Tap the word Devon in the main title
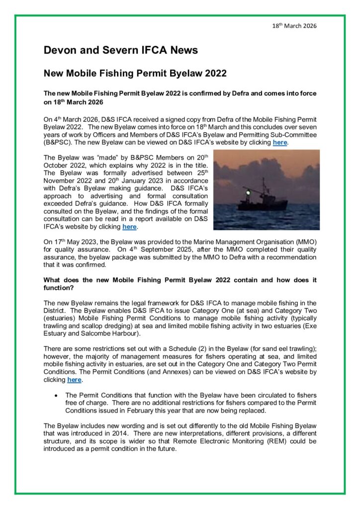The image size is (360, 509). point(61,50)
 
